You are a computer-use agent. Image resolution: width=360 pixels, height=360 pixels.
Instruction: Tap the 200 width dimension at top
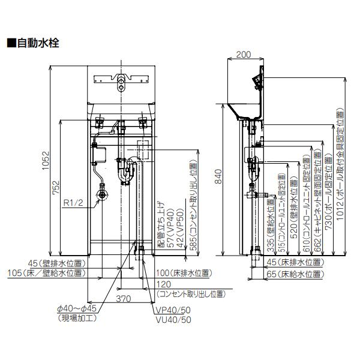(x=244, y=55)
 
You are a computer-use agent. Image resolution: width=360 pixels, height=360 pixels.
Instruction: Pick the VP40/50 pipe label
(x=175, y=311)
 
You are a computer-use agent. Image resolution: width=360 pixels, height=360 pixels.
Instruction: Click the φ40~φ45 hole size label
(x=77, y=310)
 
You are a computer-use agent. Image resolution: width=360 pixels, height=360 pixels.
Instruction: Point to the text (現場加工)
(x=77, y=319)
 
